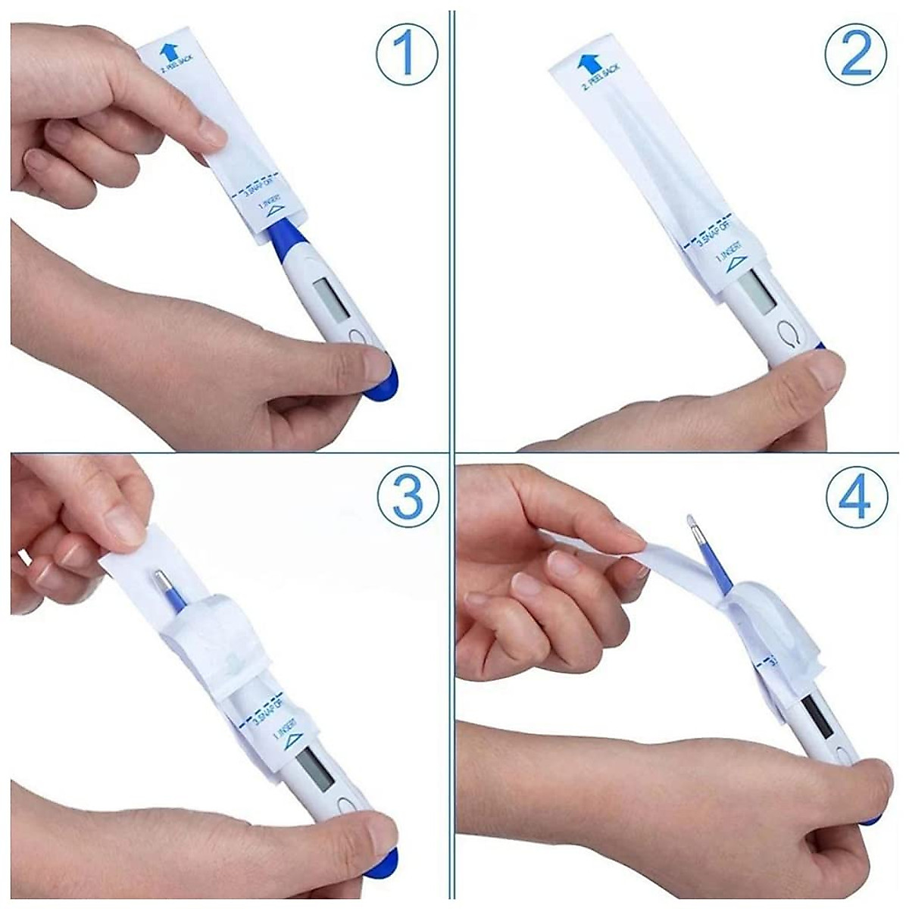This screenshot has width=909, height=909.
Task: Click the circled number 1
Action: click(408, 52)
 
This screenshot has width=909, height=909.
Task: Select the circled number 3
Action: click(408, 499)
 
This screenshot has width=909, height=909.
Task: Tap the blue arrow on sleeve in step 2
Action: click(586, 64)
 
